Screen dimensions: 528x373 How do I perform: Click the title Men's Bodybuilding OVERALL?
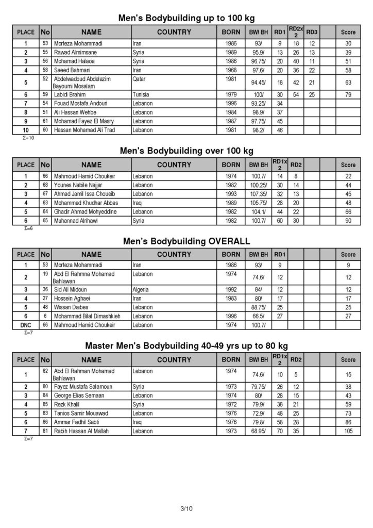pos(186,241)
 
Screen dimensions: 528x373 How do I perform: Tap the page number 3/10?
pos(186,509)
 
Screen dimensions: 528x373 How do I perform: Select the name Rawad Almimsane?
pos(75,53)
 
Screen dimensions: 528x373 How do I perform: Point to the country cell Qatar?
pos(139,79)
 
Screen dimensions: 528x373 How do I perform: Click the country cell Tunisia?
pos(141,95)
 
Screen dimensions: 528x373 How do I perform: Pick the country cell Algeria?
pos(141,290)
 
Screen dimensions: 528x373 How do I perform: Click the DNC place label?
pos(25,325)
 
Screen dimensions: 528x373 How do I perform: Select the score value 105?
pos(348,431)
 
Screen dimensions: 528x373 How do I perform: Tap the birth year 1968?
pos(231,70)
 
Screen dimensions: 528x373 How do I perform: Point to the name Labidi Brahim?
pos(70,95)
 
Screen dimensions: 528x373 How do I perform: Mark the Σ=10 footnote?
pos(29,139)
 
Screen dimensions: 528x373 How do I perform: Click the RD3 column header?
pos(312,32)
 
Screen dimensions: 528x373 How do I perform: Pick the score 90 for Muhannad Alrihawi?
pos(348,220)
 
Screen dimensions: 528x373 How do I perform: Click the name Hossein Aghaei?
pos(74,299)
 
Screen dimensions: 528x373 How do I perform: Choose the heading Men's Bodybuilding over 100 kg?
pos(186,151)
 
